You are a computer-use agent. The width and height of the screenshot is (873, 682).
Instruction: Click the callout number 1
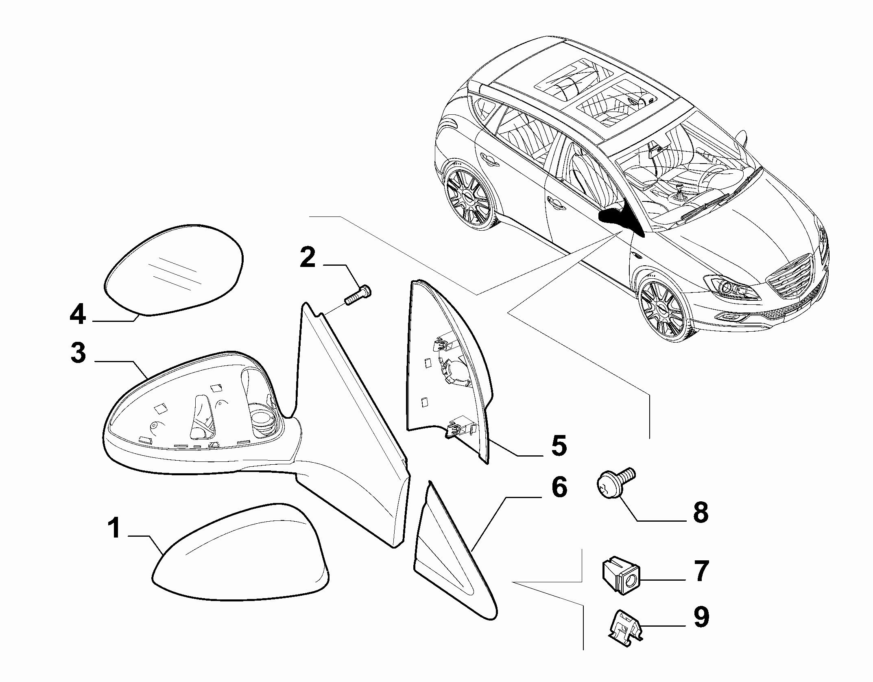(x=115, y=528)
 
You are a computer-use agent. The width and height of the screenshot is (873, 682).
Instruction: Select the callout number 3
(x=78, y=353)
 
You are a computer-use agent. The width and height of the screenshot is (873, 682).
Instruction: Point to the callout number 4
(x=78, y=315)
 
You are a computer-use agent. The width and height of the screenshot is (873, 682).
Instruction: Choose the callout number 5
(x=558, y=445)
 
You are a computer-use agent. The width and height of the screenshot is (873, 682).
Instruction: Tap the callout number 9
(x=700, y=617)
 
